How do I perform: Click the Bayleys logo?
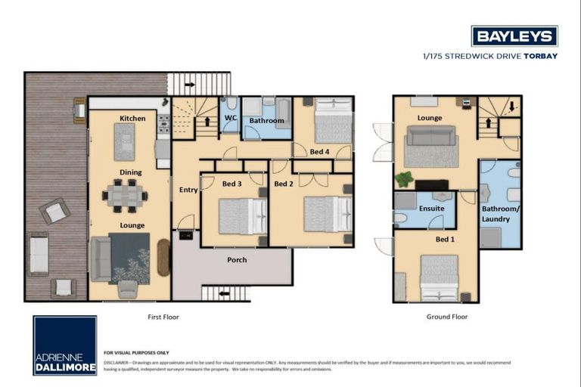514,36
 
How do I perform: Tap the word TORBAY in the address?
541,55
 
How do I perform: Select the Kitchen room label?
132,118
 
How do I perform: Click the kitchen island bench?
125,141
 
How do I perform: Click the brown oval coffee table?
164,257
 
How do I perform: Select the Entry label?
188,190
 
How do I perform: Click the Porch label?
237,260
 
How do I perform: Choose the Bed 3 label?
232,184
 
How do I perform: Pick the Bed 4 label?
319,152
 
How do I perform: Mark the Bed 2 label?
283,184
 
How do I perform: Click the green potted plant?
405,179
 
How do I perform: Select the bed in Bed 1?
439,277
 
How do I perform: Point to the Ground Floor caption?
447,317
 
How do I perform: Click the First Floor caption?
163,317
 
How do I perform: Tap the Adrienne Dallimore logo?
65,345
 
